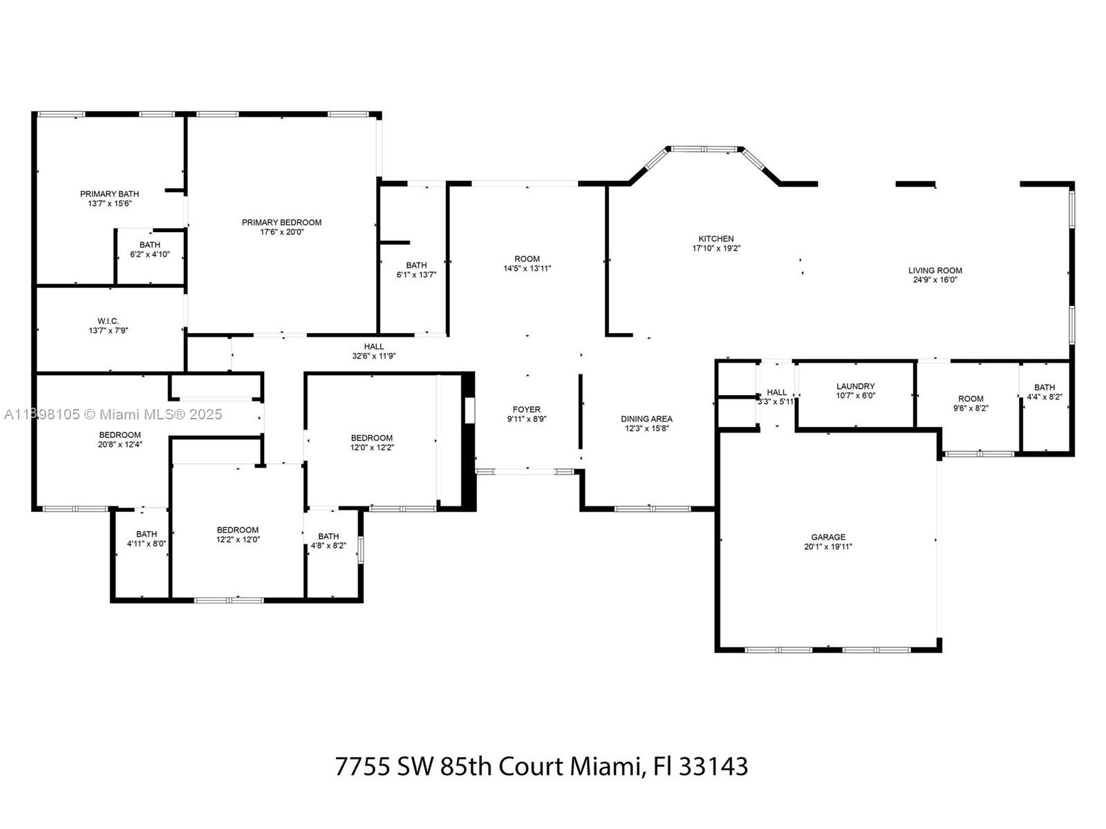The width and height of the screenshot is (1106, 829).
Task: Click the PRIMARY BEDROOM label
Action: pos(281,222)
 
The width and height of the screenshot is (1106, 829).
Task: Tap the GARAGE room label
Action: pos(828,537)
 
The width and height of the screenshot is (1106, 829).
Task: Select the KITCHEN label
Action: pos(716,239)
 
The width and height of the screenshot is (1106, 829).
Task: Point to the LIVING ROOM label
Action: pos(935,271)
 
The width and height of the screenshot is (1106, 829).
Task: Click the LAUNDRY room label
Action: pos(855,387)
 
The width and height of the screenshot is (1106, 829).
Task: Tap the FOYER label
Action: pos(527,410)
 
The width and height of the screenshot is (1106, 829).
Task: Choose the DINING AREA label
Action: pos(646,419)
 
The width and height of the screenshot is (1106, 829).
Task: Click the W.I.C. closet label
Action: pos(109,321)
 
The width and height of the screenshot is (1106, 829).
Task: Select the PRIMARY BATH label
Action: pos(109,194)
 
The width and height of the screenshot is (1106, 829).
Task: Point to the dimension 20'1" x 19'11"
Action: pos(828,546)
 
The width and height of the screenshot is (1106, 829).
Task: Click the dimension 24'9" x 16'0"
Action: pos(935,280)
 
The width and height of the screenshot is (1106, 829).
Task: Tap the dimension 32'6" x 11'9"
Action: pos(373,356)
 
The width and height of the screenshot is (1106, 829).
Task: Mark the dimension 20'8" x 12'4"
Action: pos(120,444)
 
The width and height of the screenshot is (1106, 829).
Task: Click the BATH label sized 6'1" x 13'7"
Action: pos(416,265)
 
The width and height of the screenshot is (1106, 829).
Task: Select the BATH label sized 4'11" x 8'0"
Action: pos(147,534)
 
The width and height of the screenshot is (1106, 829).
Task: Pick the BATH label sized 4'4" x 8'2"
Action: pos(1044,388)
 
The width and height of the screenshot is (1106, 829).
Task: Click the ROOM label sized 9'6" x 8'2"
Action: pos(971,399)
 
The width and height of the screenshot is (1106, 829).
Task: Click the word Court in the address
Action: pos(531,767)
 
